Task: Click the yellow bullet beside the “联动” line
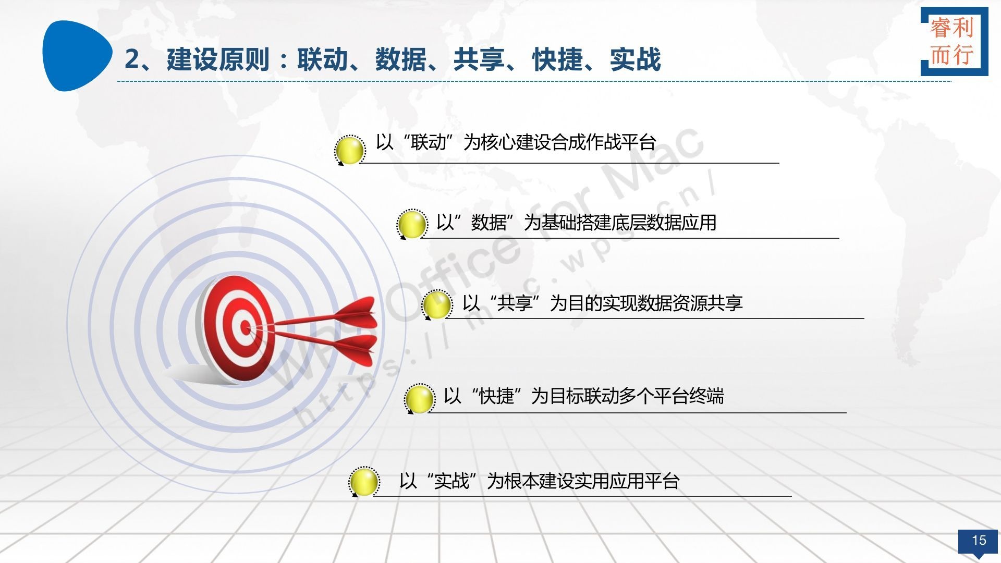(x=350, y=150)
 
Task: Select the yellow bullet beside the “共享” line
(x=437, y=304)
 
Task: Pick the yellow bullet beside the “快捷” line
(x=420, y=399)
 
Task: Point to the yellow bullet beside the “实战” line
(x=364, y=481)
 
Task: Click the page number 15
(x=979, y=540)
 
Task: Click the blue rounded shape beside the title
(x=77, y=56)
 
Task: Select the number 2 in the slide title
(x=132, y=59)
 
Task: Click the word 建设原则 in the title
(x=218, y=59)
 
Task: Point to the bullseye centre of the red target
(x=245, y=327)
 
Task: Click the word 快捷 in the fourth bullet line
(x=496, y=396)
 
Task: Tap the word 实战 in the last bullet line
(x=452, y=481)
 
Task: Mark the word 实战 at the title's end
(x=636, y=59)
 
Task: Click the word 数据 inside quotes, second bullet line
(x=489, y=223)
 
